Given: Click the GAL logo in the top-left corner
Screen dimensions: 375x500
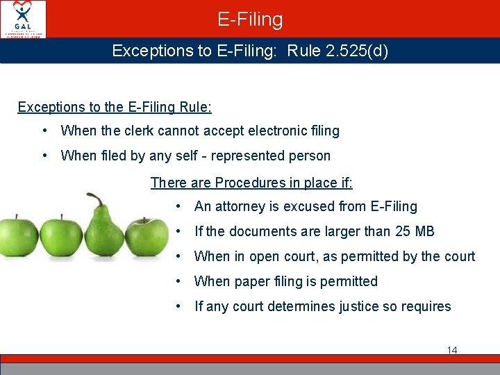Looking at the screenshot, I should pos(24,19).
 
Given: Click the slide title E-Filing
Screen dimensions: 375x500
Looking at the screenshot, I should pos(250,19).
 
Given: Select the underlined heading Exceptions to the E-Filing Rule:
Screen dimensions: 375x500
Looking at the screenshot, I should pos(115,107).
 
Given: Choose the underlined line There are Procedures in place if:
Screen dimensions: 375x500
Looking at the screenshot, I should pos(251,183).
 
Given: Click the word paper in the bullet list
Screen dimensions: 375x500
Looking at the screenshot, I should pos(251,281).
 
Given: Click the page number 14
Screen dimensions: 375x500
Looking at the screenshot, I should pos(452,350).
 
